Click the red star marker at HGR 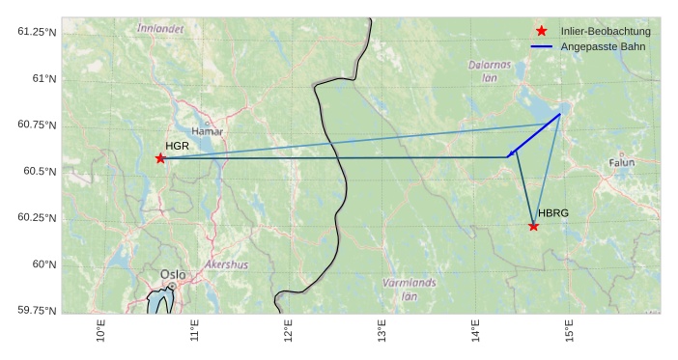point(160,158)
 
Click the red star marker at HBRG point(533,226)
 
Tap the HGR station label point(177,146)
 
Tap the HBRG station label point(553,213)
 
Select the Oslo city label point(173,274)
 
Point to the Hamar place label point(207,131)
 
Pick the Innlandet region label point(160,29)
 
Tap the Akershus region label point(226,264)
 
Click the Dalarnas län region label point(489,70)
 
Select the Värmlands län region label point(410,290)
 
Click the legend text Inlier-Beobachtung point(606,32)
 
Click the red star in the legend point(541,32)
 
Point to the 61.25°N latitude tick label point(38,32)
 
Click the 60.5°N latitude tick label point(40,172)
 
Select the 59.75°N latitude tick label point(38,310)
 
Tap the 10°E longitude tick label point(101,330)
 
